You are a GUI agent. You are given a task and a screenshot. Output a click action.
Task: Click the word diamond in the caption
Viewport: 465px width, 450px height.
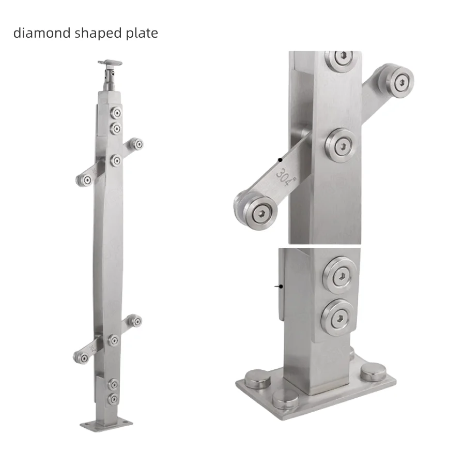pos(42,33)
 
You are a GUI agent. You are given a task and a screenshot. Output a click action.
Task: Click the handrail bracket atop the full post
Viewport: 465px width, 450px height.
pos(110,64)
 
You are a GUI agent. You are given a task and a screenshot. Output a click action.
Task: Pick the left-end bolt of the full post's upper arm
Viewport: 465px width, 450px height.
pos(85,179)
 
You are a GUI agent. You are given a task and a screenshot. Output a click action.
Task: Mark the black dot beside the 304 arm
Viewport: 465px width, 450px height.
pos(280,160)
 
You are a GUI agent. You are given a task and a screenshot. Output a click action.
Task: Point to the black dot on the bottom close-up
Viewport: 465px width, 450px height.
pos(280,286)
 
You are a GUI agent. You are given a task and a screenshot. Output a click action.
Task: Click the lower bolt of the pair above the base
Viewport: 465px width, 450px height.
pos(338,317)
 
